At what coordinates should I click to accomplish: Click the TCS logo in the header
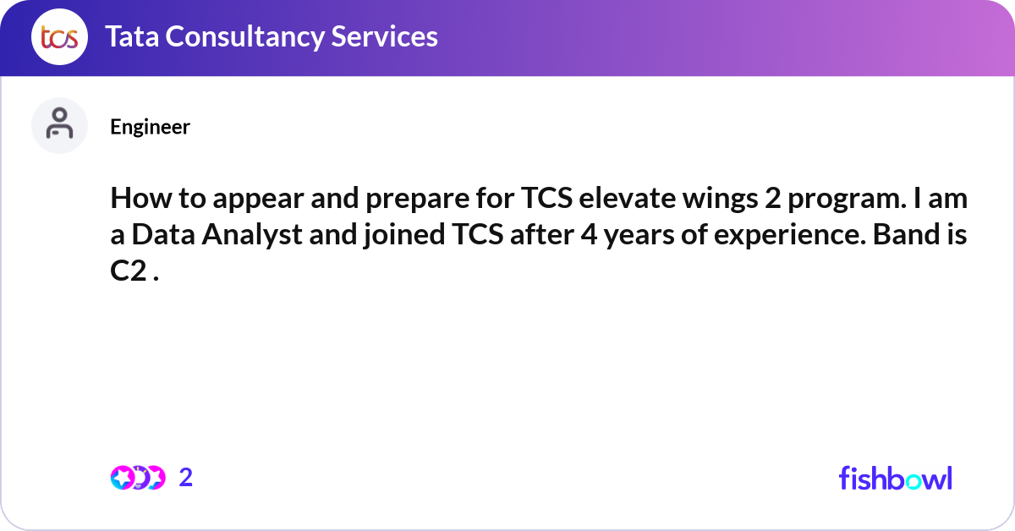click(59, 37)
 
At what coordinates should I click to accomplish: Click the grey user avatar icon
click(59, 125)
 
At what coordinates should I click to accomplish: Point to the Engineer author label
click(150, 127)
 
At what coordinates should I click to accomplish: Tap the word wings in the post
click(703, 201)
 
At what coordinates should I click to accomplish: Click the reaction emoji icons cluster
click(137, 478)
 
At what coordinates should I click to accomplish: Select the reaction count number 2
click(186, 478)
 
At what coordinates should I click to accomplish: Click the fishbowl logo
click(895, 478)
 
